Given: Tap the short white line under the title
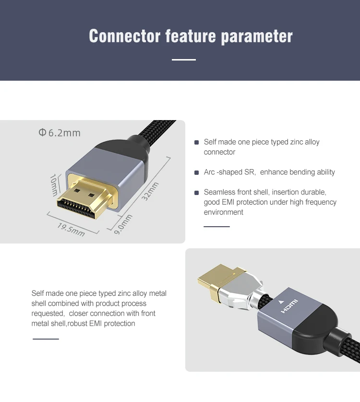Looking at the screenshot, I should click(x=184, y=60).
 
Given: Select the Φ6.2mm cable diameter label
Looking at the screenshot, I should click(x=60, y=133).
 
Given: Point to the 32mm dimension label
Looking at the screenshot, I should click(x=151, y=191).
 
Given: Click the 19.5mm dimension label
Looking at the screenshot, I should click(x=71, y=229).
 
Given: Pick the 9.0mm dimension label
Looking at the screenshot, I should click(x=123, y=224).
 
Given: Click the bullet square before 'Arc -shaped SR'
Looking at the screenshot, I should click(x=196, y=172).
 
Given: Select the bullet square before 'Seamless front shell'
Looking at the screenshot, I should click(x=196, y=193).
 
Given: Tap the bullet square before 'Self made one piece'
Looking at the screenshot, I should click(x=196, y=143).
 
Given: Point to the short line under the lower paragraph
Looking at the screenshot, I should click(x=46, y=339).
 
